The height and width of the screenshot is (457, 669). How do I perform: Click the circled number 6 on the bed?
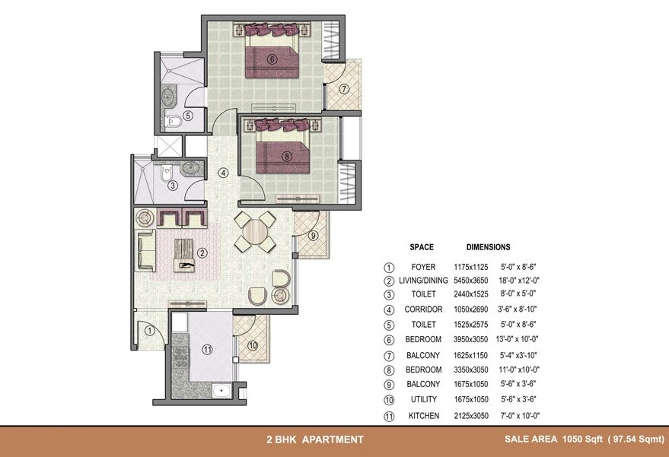[x=272, y=59]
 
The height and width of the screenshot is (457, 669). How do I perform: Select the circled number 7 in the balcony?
[x=344, y=89]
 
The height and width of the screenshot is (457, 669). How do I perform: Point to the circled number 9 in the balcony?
[x=313, y=236]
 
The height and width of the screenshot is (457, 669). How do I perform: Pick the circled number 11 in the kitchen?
[x=206, y=350]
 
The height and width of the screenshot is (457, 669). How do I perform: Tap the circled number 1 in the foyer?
[x=150, y=330]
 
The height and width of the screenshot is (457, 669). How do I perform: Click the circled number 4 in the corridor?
[x=223, y=173]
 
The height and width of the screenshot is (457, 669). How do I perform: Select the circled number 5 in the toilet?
[x=188, y=116]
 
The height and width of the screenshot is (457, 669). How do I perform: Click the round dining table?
[x=254, y=231]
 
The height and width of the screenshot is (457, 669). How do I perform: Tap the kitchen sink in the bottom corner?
[x=223, y=392]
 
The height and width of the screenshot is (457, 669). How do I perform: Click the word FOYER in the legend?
[x=423, y=267]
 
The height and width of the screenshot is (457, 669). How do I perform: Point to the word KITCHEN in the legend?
[x=423, y=416]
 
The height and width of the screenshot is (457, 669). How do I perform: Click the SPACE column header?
[x=421, y=247]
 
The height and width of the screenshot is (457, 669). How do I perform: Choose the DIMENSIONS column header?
[x=488, y=247]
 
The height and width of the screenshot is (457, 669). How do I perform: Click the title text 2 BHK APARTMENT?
[x=314, y=440]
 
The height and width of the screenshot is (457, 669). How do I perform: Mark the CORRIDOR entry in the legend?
[x=423, y=310]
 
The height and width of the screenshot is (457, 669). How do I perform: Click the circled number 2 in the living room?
[x=202, y=253]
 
